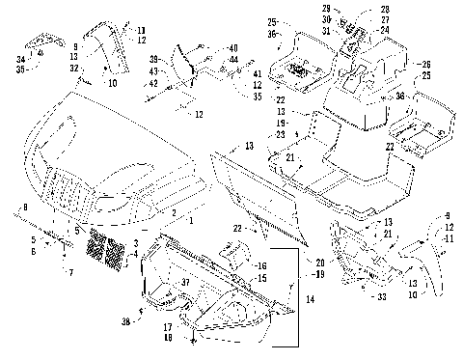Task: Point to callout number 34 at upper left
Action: click(21, 59)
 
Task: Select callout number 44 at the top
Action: click(235, 60)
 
